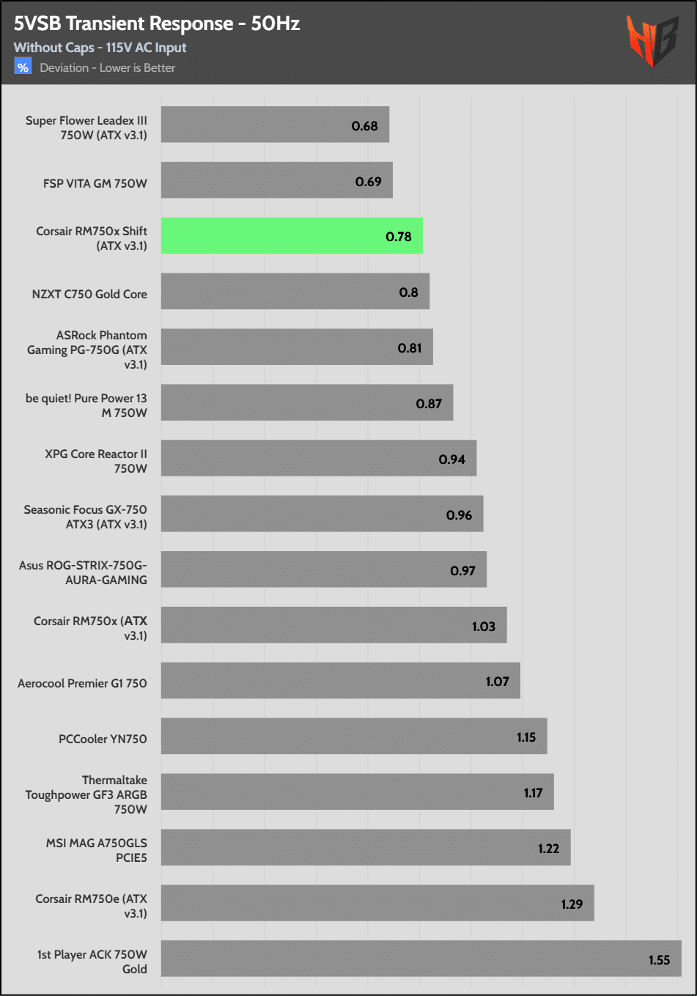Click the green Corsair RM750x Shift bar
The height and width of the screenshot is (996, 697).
pos(292,236)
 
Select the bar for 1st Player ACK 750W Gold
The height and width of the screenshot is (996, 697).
pos(421,959)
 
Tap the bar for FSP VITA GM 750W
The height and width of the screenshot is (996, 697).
pos(276,180)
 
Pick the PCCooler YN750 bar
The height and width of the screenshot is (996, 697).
pos(354,737)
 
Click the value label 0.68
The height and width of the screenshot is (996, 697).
pos(364,126)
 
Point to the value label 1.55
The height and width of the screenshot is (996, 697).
pos(659,960)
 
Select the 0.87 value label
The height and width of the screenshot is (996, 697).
pos(429,404)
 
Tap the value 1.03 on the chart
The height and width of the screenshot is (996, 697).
pos(483,627)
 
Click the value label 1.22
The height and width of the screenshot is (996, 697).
pos(548,849)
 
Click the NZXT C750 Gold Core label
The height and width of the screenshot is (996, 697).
pos(89,294)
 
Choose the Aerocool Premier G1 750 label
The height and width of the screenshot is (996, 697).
pos(82,683)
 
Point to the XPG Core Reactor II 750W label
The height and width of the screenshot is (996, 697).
pos(96,461)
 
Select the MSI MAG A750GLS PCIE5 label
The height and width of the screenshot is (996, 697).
pos(97,850)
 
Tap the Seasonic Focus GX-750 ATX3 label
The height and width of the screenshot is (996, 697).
pos(85,517)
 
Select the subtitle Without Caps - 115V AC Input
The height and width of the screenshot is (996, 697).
pos(100,48)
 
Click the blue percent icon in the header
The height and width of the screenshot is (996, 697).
pos(23,67)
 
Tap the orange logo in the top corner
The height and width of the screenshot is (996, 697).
pos(652,41)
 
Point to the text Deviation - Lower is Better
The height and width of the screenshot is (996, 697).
pos(108,68)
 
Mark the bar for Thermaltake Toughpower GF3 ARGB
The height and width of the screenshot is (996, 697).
pos(357,792)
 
